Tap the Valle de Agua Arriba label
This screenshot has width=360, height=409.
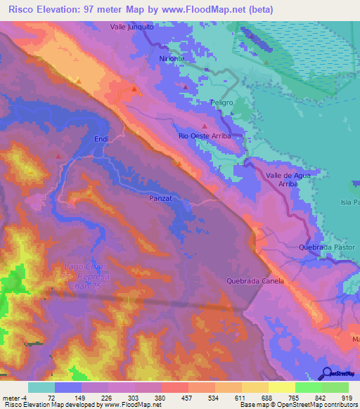(x=285, y=178)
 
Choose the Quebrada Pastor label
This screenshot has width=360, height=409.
(x=327, y=247)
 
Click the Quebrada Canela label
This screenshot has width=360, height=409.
(x=255, y=281)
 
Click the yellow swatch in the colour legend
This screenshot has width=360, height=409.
(x=281, y=387)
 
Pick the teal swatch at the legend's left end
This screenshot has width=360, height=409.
(x=41, y=387)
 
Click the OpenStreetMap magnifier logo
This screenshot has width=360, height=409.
(x=326, y=372)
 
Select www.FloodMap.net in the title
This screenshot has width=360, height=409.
(x=205, y=9)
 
